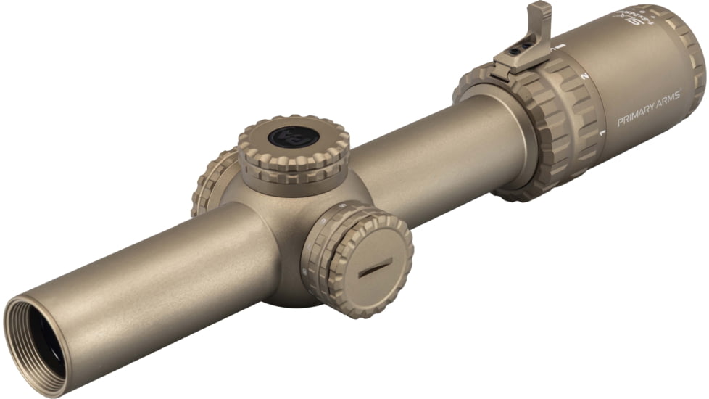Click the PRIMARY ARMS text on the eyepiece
(648, 107)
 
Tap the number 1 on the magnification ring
(602, 133)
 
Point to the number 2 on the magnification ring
(586, 75)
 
